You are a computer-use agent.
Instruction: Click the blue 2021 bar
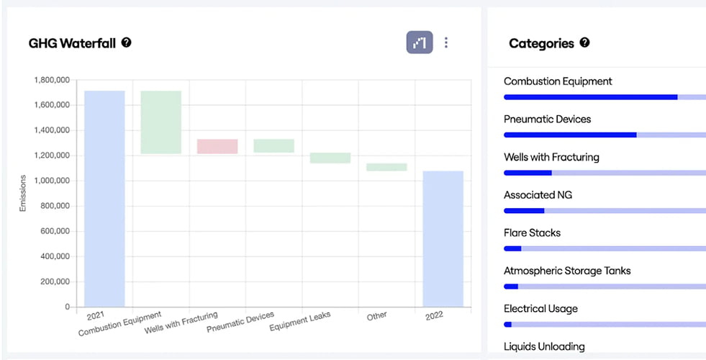[104, 199]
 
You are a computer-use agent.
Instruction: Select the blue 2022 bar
[443, 239]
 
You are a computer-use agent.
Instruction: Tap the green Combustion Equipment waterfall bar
[161, 122]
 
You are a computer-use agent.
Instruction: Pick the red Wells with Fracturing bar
[217, 146]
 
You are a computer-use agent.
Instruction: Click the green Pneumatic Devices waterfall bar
[273, 145]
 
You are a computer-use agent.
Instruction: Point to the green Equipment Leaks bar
[330, 158]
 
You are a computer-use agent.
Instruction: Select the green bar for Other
[386, 167]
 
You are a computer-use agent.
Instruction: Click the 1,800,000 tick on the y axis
[52, 80]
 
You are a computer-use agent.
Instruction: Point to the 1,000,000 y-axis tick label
[52, 181]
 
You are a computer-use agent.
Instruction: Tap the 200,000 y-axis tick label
[54, 282]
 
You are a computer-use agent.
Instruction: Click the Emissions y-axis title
[23, 193]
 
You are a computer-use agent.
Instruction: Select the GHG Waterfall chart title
[72, 43]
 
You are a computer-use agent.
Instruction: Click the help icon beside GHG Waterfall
[127, 42]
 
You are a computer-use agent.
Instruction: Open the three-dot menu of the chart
[446, 42]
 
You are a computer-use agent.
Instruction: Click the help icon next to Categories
[584, 42]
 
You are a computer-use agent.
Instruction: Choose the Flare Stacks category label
[533, 233]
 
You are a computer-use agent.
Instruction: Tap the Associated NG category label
[538, 195]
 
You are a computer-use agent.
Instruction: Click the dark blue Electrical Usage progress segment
[508, 325]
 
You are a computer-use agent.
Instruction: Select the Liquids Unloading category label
[544, 346]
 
